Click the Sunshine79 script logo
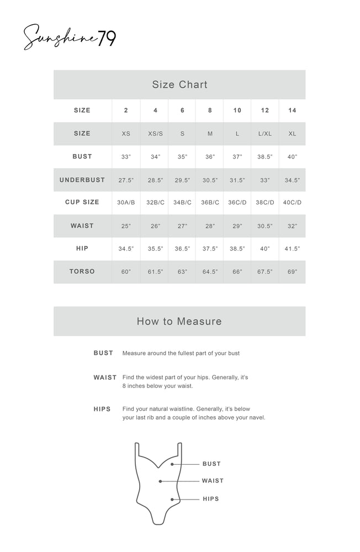[x=68, y=38]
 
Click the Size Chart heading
[x=179, y=84]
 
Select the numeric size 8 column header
[x=210, y=110]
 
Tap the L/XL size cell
[x=265, y=134]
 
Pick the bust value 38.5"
[x=265, y=157]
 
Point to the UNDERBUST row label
[x=82, y=180]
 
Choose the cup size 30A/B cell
[x=126, y=203]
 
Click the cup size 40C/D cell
[x=292, y=203]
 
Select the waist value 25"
[x=126, y=226]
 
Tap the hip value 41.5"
[x=292, y=249]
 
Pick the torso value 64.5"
[x=210, y=272]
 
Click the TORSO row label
[x=82, y=272]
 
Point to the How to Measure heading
[x=179, y=321]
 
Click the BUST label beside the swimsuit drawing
[x=211, y=464]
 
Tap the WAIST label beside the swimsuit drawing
[x=213, y=481]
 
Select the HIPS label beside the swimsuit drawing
[x=210, y=499]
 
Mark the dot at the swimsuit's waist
[x=160, y=481]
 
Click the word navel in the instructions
[x=255, y=418]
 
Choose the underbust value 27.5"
[x=126, y=180]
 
